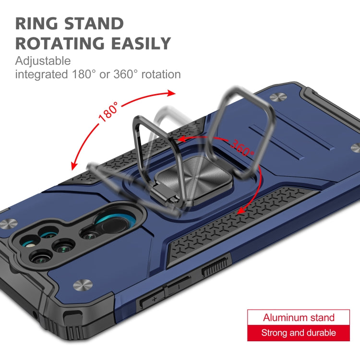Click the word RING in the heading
39,24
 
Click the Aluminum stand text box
299,317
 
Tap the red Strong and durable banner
299,333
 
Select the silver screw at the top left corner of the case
277,97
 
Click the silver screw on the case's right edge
355,148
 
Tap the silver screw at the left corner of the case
7,224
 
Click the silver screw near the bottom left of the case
81,286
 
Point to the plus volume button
153,300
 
